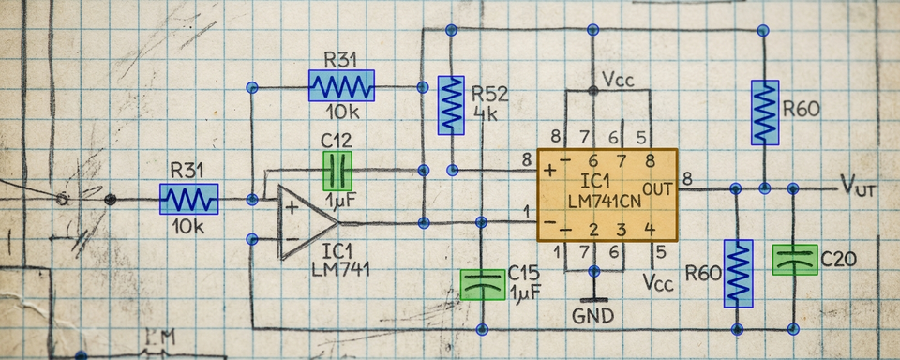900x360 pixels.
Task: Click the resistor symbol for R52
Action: [x=452, y=105]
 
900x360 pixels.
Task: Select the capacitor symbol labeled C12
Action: [x=337, y=172]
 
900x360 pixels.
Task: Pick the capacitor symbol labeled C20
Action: [x=794, y=260]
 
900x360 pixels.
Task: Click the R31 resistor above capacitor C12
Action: [x=341, y=86]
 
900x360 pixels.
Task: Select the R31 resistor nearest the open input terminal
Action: [x=188, y=199]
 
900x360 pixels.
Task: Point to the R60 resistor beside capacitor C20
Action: [x=738, y=273]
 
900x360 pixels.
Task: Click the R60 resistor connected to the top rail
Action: [x=765, y=112]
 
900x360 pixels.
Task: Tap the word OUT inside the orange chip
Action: [x=657, y=188]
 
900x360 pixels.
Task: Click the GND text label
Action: [x=592, y=315]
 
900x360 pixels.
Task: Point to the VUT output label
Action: [x=858, y=186]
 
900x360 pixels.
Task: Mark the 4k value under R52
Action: [x=486, y=114]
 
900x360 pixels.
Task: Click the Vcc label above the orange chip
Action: [x=618, y=80]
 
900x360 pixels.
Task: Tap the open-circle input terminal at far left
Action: [x=63, y=199]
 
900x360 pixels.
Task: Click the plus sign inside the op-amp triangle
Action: [x=292, y=207]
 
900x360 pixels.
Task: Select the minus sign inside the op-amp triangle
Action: [x=292, y=239]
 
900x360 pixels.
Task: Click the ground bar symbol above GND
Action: [x=592, y=298]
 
